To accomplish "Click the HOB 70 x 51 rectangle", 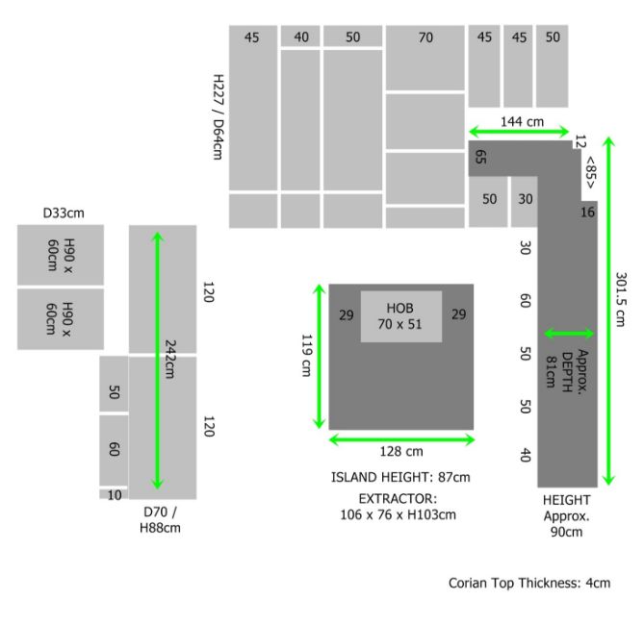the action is (400, 316).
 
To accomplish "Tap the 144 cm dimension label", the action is (522, 121).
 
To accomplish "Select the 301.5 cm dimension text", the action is (621, 299).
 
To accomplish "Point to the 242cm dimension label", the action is (170, 359).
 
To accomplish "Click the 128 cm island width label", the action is (401, 451).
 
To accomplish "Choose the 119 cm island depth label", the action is (307, 356).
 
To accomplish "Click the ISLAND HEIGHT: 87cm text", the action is (400, 477).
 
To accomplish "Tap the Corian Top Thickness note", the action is (529, 583).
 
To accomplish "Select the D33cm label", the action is (64, 213).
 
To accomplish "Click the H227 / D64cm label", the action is (219, 117).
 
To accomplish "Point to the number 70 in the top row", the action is (425, 37).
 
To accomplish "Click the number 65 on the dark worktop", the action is (480, 157).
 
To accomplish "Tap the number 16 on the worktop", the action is (587, 212).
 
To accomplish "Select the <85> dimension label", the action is (590, 172).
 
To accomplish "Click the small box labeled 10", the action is (114, 494).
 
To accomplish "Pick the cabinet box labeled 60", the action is (114, 450).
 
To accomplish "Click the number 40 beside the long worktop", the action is (526, 455).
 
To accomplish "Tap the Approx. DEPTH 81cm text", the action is (567, 369).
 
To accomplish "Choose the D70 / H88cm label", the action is (160, 519).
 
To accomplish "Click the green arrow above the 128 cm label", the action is (401, 440).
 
